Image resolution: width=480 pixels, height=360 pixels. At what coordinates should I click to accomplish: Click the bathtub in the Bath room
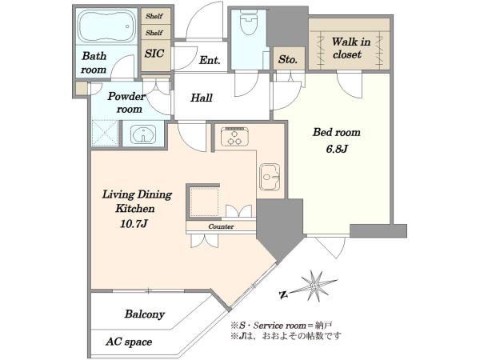(106, 26)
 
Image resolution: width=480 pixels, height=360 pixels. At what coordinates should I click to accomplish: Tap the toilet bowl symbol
(249, 22)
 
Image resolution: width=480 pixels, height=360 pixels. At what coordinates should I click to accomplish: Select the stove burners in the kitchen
(234, 136)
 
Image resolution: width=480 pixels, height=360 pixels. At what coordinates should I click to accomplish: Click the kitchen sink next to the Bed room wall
(270, 177)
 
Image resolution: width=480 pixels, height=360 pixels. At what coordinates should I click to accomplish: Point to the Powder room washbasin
(143, 134)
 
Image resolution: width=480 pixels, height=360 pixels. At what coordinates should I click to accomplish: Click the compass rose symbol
(314, 286)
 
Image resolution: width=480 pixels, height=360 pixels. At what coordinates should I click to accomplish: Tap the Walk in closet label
(350, 48)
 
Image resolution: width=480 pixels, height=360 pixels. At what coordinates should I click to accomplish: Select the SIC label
(154, 54)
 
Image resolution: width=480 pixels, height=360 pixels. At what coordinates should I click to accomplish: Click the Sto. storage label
(288, 59)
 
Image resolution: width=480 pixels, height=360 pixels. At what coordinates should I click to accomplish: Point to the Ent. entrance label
(210, 60)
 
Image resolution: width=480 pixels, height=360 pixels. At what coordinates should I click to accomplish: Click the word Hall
(202, 98)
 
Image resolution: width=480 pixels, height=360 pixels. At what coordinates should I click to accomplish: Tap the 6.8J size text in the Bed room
(337, 149)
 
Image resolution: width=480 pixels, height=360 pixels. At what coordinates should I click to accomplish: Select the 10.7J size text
(134, 224)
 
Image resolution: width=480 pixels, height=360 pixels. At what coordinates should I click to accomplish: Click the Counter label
(221, 226)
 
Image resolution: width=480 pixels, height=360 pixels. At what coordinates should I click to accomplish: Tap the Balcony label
(145, 314)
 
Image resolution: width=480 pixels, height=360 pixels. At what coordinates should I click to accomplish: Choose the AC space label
(129, 342)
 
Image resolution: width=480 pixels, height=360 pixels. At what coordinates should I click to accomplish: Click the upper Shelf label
(154, 16)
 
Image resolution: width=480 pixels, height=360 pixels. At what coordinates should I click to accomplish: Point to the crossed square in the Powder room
(105, 133)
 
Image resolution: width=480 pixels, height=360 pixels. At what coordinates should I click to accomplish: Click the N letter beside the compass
(284, 295)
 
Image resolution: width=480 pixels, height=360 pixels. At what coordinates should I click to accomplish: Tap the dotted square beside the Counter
(204, 202)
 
